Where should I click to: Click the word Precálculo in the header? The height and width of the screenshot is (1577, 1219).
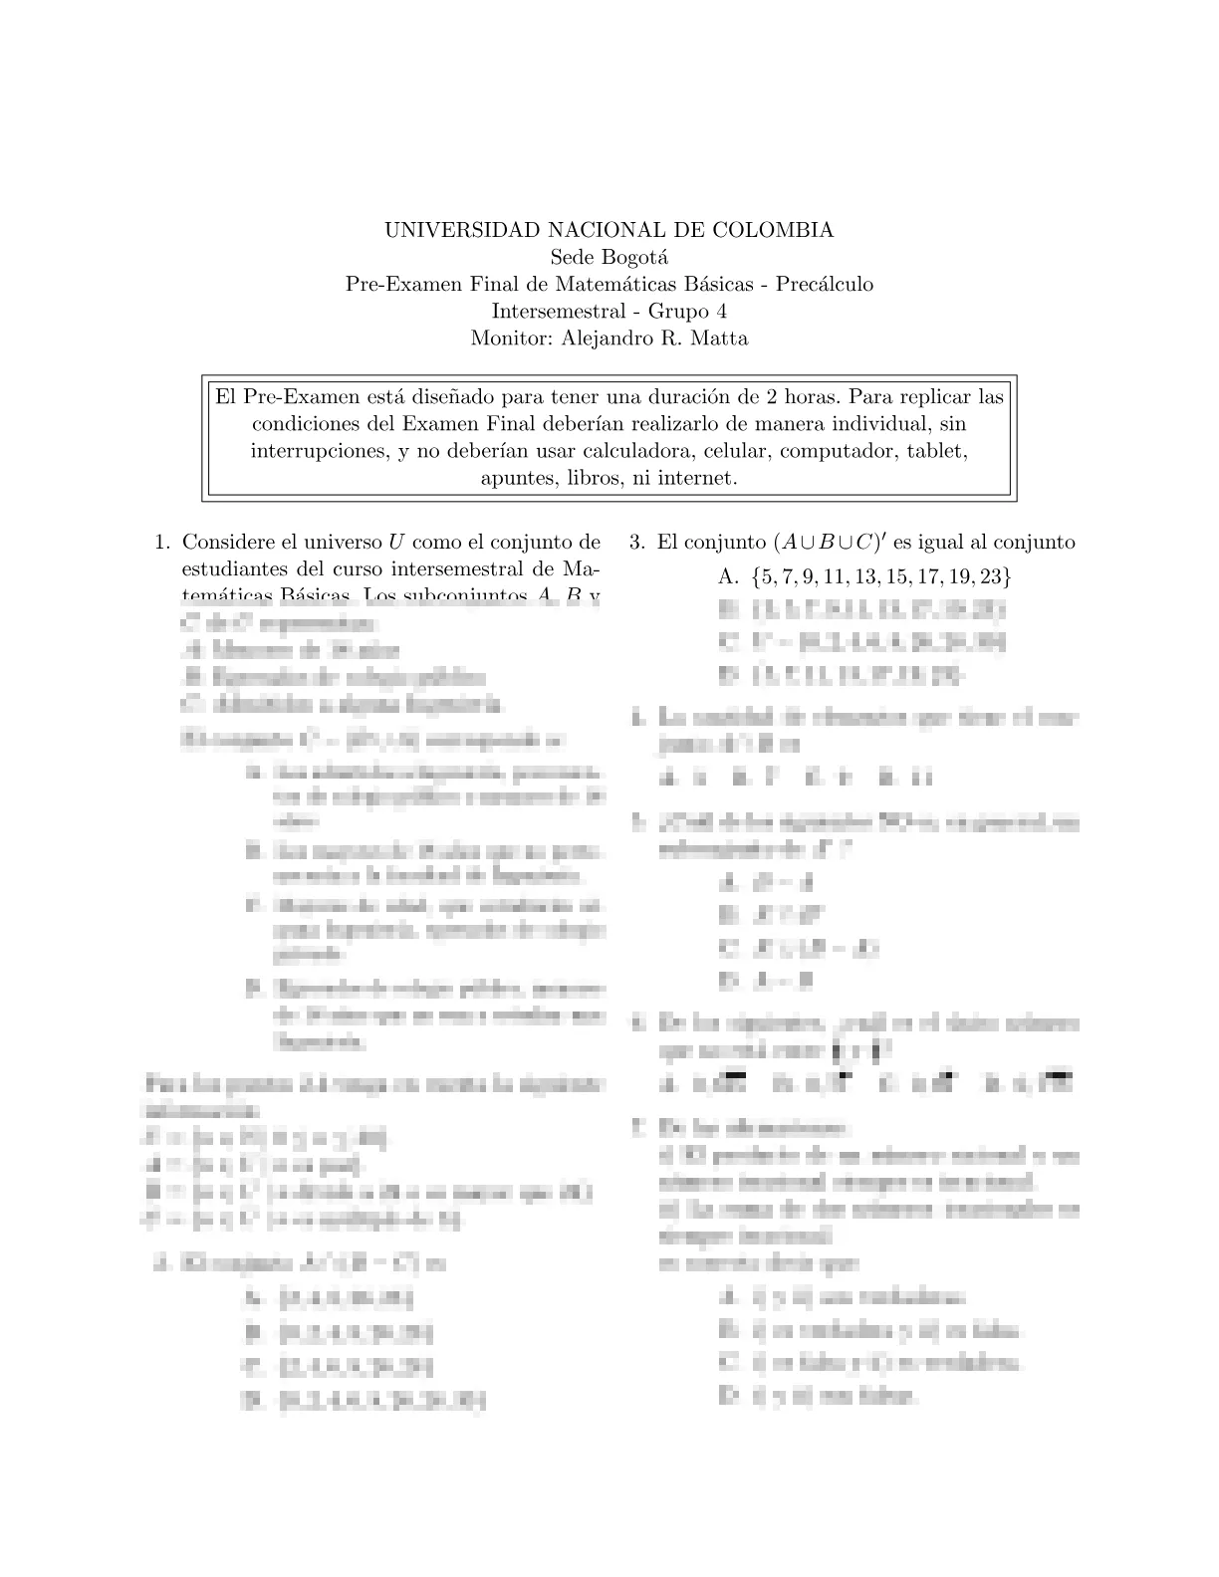click(x=826, y=285)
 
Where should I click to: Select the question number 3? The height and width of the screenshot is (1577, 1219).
click(x=637, y=544)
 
